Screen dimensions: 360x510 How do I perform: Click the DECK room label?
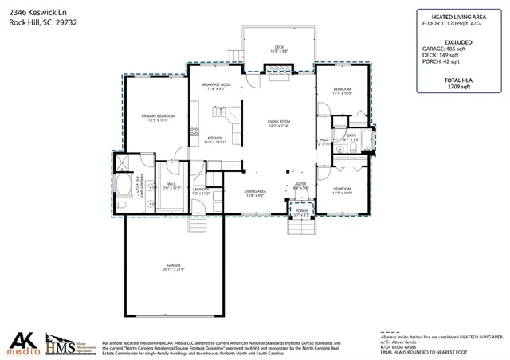tap(279, 49)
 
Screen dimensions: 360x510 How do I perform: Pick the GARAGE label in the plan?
tap(173, 267)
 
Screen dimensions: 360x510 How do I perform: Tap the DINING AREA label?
tap(255, 193)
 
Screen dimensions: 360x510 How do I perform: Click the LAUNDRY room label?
tap(200, 192)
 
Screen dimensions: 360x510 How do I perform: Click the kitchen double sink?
tap(192, 132)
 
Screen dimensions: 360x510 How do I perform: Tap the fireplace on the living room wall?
tap(278, 72)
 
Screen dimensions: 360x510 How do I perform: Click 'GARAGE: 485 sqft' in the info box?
tap(457, 48)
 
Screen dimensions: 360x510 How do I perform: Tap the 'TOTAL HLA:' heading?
tap(457, 80)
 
